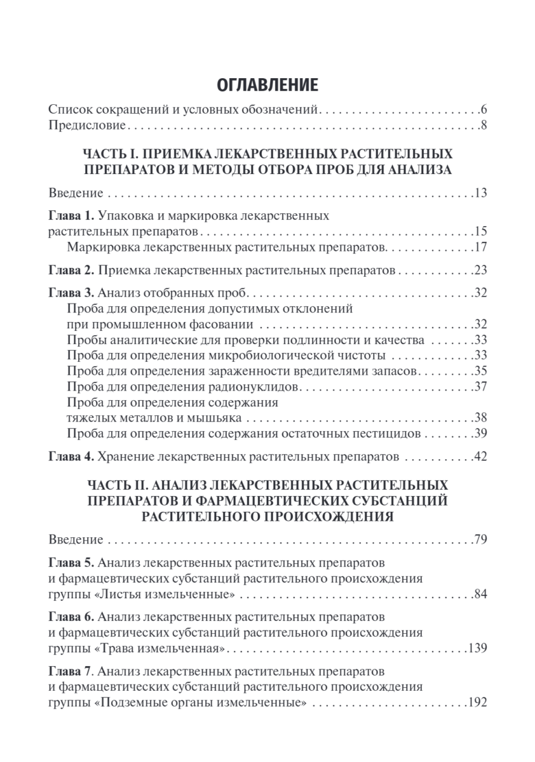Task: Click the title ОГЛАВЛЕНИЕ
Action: tap(267, 85)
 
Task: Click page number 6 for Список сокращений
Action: tap(484, 109)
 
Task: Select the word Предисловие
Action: tap(88, 125)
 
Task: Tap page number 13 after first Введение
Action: tap(480, 192)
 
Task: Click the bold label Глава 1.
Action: tap(72, 215)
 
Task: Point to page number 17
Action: tap(480, 246)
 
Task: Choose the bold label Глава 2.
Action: tap(72, 270)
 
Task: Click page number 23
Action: tap(480, 270)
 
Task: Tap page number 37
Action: tap(480, 386)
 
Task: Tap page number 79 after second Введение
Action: tap(480, 540)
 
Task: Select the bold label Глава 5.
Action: tap(72, 563)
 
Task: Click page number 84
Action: tap(480, 594)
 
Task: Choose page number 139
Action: tap(477, 649)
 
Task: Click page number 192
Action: tap(477, 703)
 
